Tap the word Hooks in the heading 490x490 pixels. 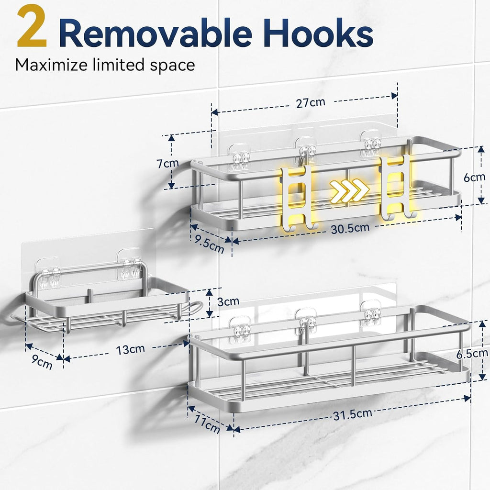318,33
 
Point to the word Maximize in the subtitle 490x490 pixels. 52,65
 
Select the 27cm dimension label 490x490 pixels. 311,102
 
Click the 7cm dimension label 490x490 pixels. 168,163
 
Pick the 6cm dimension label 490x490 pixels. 474,177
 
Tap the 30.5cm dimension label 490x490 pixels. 350,228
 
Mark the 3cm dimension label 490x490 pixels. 228,301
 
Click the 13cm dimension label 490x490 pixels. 130,349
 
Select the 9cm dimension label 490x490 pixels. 42,362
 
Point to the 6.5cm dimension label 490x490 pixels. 472,354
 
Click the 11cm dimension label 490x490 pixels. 207,424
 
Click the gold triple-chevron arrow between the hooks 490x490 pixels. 350,190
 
